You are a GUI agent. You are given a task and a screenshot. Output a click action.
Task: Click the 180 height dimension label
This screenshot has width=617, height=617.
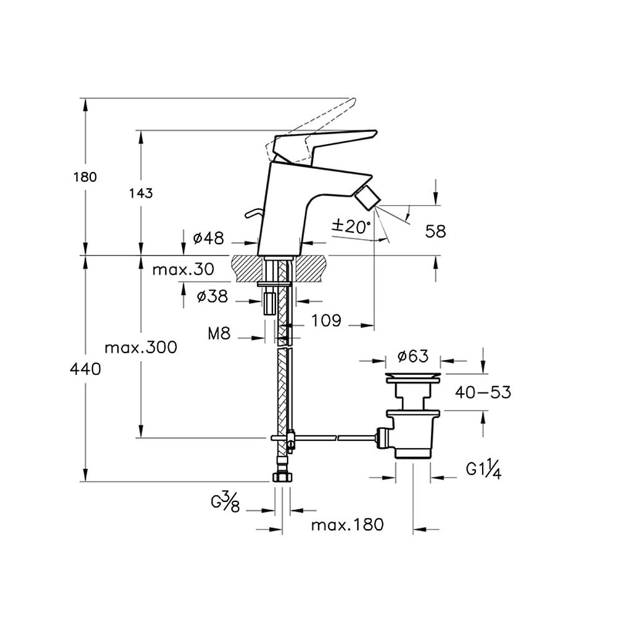tap(85, 177)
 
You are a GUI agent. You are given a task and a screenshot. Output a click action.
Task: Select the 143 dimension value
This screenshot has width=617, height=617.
tap(141, 193)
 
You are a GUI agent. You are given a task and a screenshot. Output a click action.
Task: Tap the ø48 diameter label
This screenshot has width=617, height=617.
tap(209, 238)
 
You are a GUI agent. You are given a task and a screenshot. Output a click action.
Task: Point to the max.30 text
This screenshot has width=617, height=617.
tap(183, 270)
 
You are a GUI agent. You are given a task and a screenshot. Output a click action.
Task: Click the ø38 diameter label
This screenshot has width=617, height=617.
tap(212, 296)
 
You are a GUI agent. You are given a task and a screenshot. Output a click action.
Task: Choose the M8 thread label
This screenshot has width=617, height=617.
tap(219, 334)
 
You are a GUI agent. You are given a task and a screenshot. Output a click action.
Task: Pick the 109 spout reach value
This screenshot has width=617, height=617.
tap(326, 321)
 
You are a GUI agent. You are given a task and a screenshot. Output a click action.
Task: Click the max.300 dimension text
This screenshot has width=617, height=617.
tap(141, 347)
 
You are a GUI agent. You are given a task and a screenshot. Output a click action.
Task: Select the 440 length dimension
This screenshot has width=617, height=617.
tap(85, 369)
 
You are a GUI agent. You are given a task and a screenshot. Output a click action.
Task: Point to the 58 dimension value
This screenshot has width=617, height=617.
tap(436, 231)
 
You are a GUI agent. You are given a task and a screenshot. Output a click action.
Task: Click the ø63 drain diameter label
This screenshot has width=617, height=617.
tap(413, 356)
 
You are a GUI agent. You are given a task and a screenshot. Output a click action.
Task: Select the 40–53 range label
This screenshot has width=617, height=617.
tap(483, 392)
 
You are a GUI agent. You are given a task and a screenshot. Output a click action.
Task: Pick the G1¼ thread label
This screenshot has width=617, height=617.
tap(484, 470)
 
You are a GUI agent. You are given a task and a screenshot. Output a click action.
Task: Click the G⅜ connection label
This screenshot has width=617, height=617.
tap(225, 502)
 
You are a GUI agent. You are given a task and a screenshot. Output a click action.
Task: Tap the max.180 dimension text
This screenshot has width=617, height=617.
tap(347, 524)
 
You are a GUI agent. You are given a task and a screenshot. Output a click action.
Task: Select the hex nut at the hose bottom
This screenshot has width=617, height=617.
tap(283, 477)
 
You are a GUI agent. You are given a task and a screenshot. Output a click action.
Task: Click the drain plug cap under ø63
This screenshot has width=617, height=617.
tap(413, 376)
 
